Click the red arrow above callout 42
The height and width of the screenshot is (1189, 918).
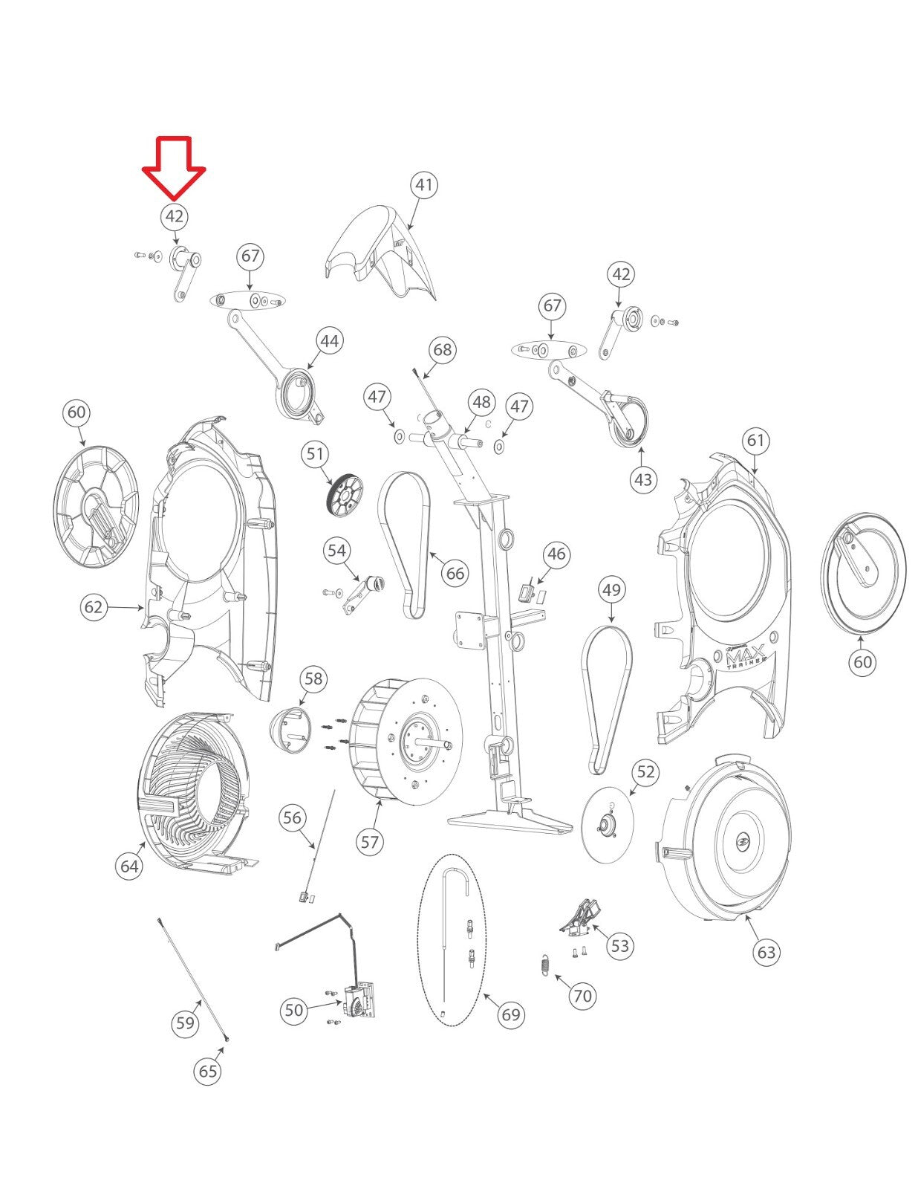(174, 167)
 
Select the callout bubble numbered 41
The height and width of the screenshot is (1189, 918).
(424, 185)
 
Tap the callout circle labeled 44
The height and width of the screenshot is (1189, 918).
(329, 341)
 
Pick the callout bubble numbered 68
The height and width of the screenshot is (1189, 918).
(443, 349)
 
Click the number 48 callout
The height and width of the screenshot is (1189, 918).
(481, 402)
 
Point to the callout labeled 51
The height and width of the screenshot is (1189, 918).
(315, 453)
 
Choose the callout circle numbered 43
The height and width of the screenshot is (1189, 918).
(643, 479)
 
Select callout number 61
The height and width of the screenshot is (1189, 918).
(755, 440)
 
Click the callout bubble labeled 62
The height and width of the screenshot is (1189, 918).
(94, 607)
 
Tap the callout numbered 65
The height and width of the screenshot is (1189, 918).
(208, 1071)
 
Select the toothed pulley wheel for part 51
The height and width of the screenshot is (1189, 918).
(342, 496)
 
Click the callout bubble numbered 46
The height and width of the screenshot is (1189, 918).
(556, 554)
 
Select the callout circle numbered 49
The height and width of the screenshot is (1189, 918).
(611, 590)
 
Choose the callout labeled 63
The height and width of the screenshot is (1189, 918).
(766, 952)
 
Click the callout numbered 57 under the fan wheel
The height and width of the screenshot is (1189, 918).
(370, 841)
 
